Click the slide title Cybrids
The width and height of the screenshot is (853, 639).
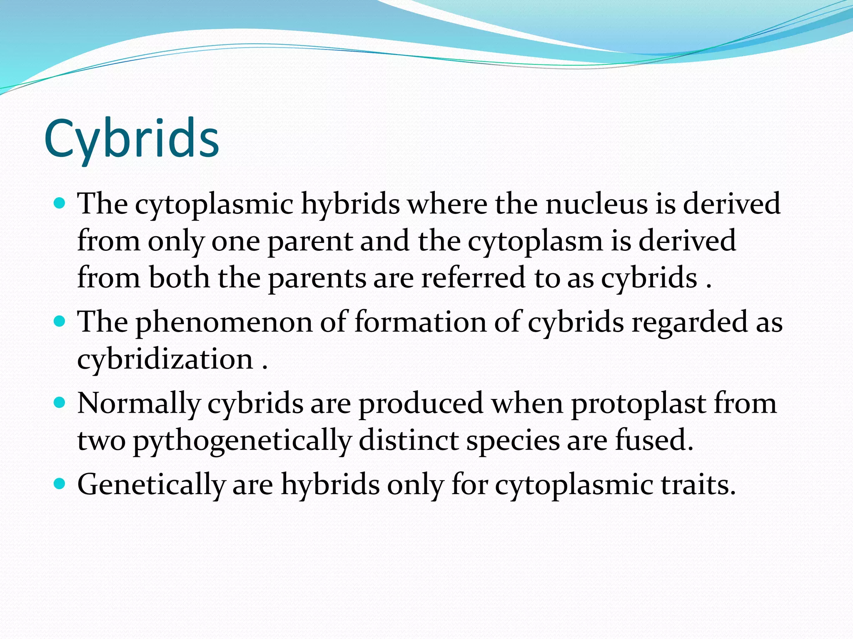[132, 139]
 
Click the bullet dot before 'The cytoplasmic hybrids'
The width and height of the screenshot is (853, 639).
[60, 204]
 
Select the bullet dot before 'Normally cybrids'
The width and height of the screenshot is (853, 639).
[60, 403]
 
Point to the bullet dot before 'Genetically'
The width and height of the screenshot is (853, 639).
[60, 484]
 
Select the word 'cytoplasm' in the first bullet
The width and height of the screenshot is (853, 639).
[535, 241]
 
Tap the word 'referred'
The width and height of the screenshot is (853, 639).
[473, 278]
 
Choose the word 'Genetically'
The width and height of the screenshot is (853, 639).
[151, 485]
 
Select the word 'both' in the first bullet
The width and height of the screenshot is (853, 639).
[179, 278]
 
